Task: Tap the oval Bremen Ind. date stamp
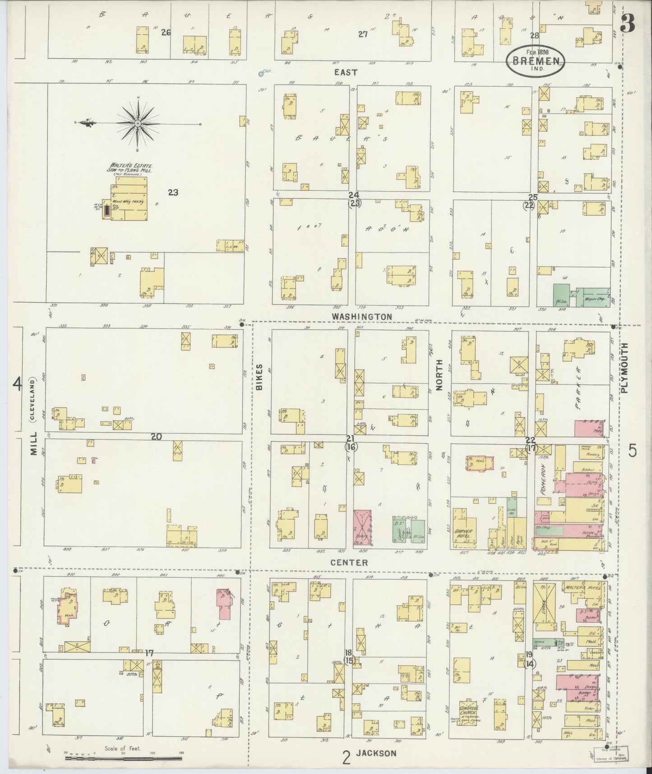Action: tap(535, 61)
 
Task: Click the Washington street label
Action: tap(362, 317)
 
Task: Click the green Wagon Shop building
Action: tap(593, 297)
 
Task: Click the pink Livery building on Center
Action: tap(362, 526)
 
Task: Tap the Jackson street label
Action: tap(376, 753)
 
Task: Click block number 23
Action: tap(173, 193)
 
